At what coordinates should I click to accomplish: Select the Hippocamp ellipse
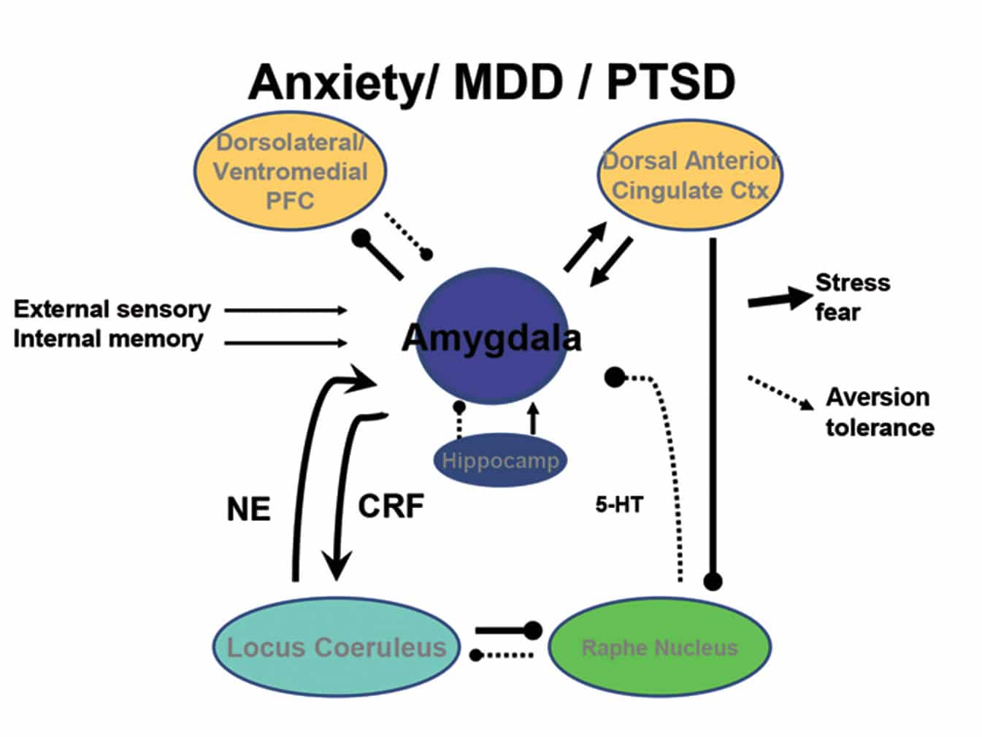(500, 460)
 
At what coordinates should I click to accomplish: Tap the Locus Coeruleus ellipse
(336, 647)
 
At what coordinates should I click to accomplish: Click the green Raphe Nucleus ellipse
(659, 647)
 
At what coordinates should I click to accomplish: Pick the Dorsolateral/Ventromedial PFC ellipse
(290, 172)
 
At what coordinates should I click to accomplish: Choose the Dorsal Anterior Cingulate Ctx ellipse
(691, 175)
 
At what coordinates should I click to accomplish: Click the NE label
(248, 509)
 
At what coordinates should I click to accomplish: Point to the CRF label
(391, 506)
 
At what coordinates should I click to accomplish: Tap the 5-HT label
(618, 504)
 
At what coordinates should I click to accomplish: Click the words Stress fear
(851, 297)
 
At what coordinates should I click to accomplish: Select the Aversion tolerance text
(879, 412)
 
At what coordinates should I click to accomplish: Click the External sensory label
(112, 309)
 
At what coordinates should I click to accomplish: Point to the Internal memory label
(108, 339)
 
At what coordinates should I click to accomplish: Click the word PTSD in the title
(670, 82)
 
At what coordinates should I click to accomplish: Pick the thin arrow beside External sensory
(285, 310)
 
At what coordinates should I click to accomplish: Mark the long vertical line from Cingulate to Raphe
(713, 409)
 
